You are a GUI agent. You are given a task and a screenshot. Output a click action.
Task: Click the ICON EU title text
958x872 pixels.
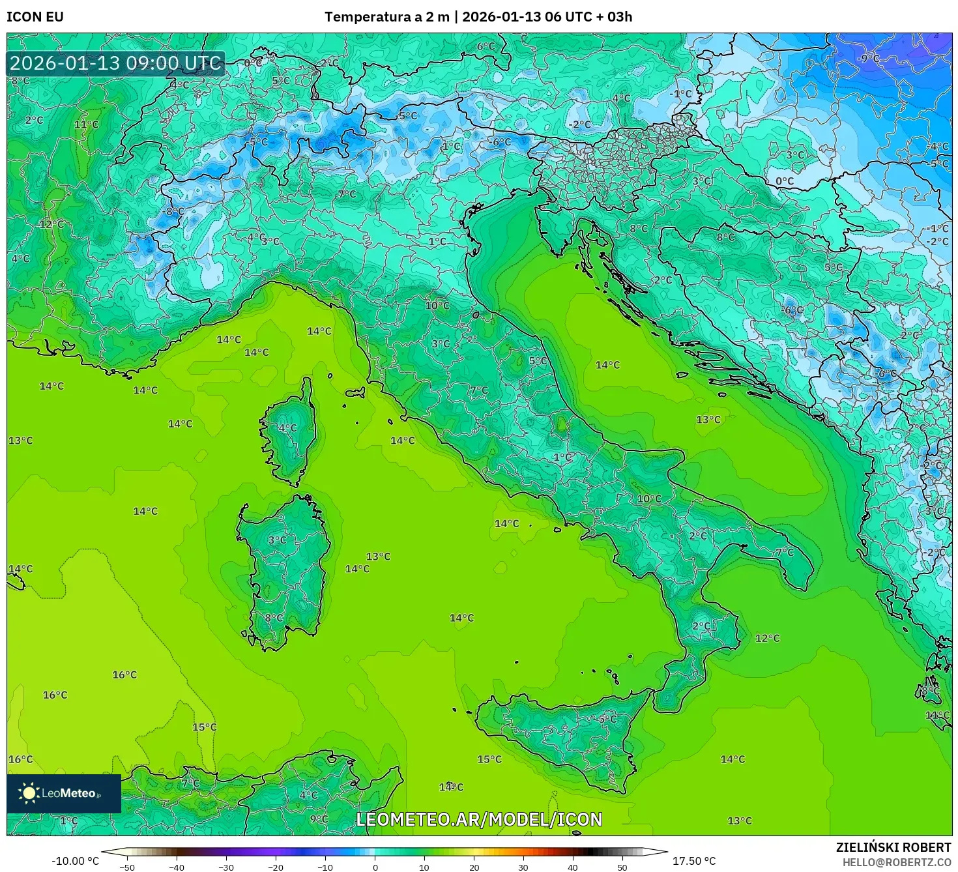pos(35,17)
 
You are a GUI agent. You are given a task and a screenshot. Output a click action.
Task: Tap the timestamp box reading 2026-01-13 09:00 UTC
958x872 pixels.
pos(116,64)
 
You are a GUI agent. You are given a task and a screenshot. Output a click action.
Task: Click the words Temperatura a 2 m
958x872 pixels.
pos(387,17)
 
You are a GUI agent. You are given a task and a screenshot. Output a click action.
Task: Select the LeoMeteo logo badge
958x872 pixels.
pos(64,793)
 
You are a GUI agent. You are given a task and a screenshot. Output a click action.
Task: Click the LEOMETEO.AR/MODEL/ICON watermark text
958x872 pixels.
pos(479,819)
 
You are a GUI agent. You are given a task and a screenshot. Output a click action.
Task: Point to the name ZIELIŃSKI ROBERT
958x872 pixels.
pos(893,847)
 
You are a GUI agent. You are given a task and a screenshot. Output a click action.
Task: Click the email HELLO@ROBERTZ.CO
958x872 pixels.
pos(896,862)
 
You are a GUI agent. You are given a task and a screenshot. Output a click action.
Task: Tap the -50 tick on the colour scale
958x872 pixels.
pos(128,867)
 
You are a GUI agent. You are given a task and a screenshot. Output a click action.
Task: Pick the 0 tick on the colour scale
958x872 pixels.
pos(375,867)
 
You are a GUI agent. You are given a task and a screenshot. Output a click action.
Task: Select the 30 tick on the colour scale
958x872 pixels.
pos(523,867)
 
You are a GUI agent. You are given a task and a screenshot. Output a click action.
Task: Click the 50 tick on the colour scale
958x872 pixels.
pos(622,867)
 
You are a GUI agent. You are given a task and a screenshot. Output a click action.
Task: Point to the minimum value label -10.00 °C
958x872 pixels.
pos(76,861)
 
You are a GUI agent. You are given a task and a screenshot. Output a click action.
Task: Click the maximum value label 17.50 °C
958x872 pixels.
pos(694,861)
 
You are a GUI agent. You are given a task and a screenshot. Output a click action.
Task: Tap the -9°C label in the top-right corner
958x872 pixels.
pos(868,59)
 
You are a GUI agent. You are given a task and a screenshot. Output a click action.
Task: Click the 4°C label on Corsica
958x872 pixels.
pos(287,428)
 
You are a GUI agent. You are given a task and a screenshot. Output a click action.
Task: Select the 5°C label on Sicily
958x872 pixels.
pos(607,719)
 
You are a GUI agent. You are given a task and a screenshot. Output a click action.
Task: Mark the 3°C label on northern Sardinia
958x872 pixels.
pos(277,540)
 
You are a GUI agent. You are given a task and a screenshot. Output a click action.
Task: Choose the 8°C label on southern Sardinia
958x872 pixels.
pos(274,618)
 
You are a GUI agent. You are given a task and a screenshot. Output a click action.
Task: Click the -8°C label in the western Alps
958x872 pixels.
pos(173,212)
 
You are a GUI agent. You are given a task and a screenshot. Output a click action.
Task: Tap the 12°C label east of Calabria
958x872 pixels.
pos(767,638)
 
